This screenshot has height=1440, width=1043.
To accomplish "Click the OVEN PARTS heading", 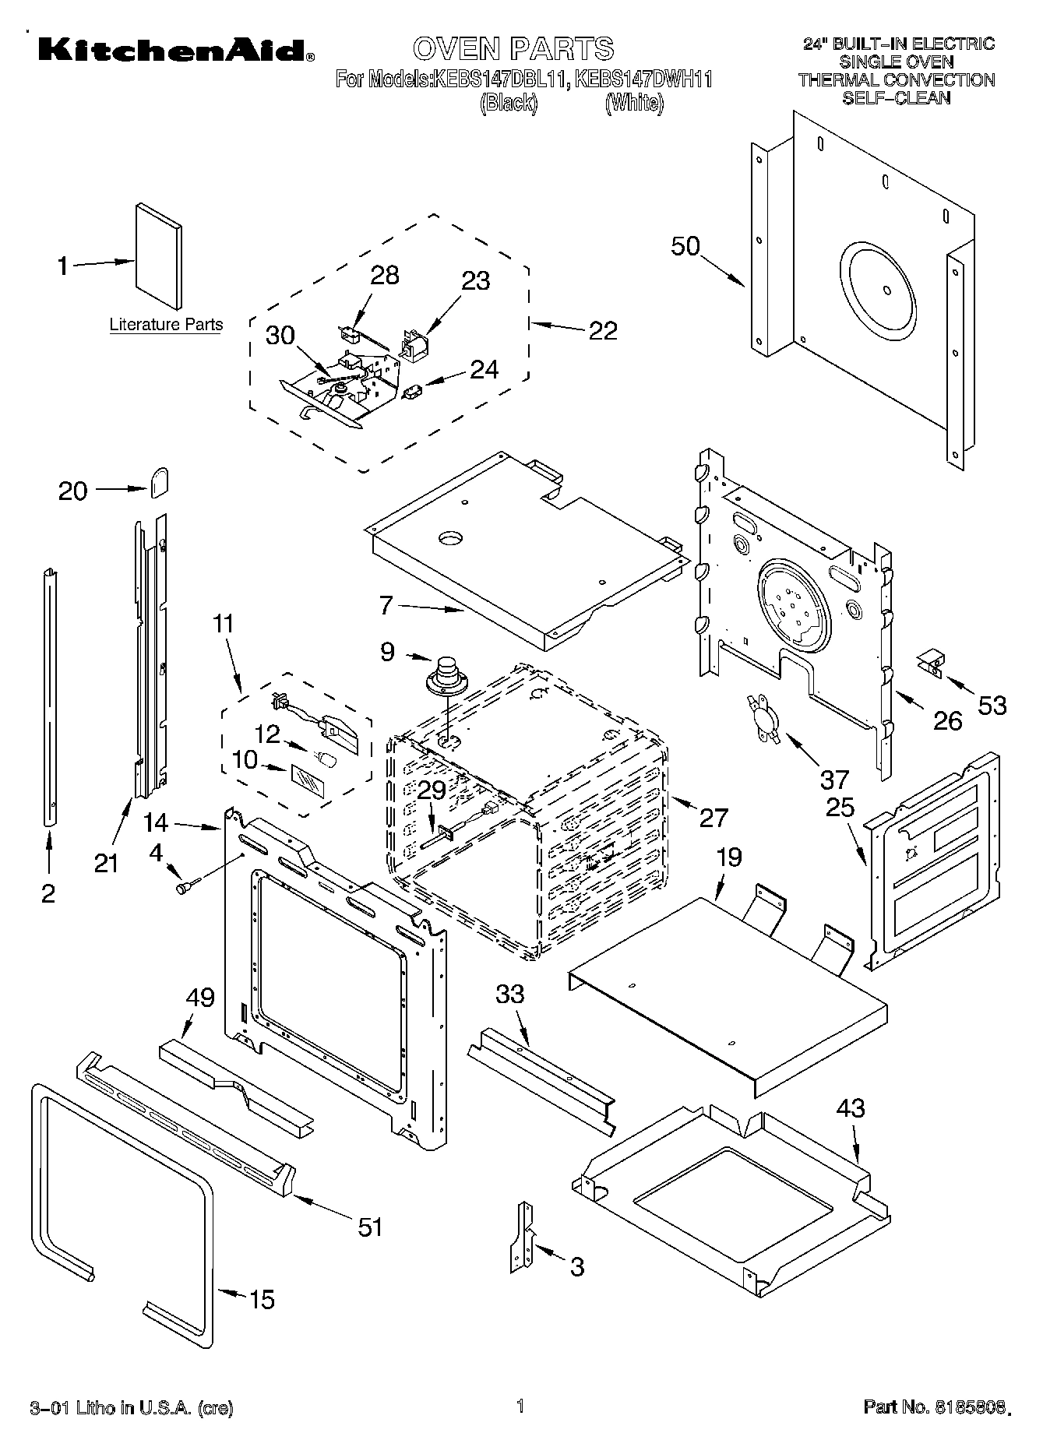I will [x=513, y=48].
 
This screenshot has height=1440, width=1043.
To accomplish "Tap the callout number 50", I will [x=685, y=246].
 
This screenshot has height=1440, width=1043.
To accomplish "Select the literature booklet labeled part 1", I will [x=159, y=256].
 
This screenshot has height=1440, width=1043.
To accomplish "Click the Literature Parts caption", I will [x=166, y=325].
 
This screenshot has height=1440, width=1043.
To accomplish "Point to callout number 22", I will [x=603, y=330].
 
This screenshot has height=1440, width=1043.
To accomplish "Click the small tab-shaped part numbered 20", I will [x=159, y=482].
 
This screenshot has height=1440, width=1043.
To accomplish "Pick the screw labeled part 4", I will [x=188, y=885].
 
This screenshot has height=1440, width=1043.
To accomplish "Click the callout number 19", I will [x=728, y=857].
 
